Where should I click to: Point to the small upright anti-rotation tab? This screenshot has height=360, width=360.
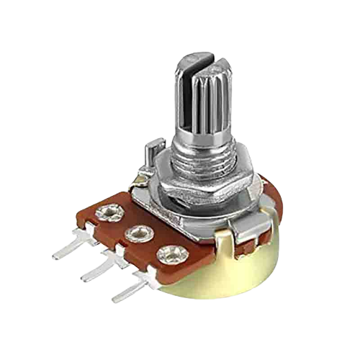pyautogui.click(x=149, y=155)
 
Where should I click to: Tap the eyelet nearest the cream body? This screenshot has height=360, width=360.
pyautogui.click(x=169, y=253)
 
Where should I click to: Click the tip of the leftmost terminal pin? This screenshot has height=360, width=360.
pyautogui.click(x=56, y=255)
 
